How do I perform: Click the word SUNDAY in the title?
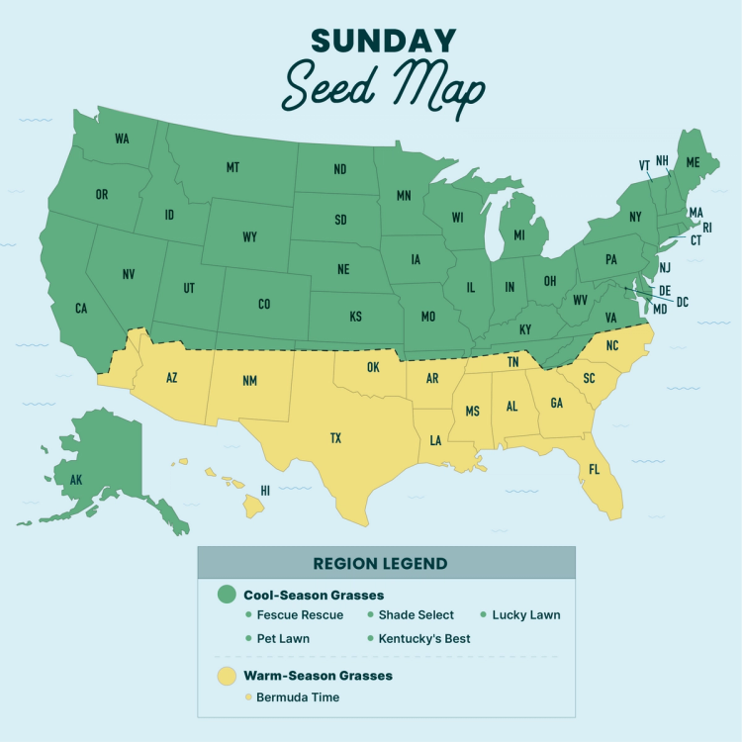383,42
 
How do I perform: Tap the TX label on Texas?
335,438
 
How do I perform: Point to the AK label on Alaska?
76,481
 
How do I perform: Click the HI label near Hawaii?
265,490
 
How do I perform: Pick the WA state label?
122,139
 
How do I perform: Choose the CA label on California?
81,309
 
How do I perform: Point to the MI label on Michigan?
516,236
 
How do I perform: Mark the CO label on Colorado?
264,305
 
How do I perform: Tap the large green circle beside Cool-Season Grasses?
227,595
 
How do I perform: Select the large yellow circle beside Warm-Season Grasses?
227,676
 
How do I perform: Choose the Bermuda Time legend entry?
298,697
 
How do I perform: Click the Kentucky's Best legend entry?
421,638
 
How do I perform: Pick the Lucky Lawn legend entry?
525,615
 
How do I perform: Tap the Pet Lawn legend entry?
283,638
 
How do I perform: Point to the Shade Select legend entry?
417,615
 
